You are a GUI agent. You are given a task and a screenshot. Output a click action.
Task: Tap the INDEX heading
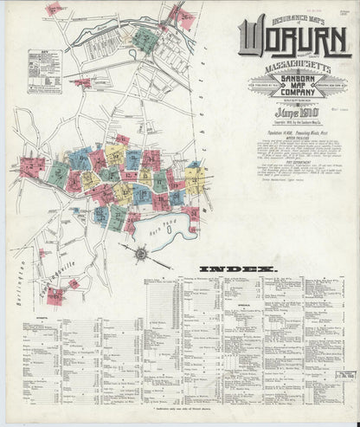point(228,269)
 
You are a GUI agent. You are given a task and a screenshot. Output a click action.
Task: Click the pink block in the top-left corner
point(55,10)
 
